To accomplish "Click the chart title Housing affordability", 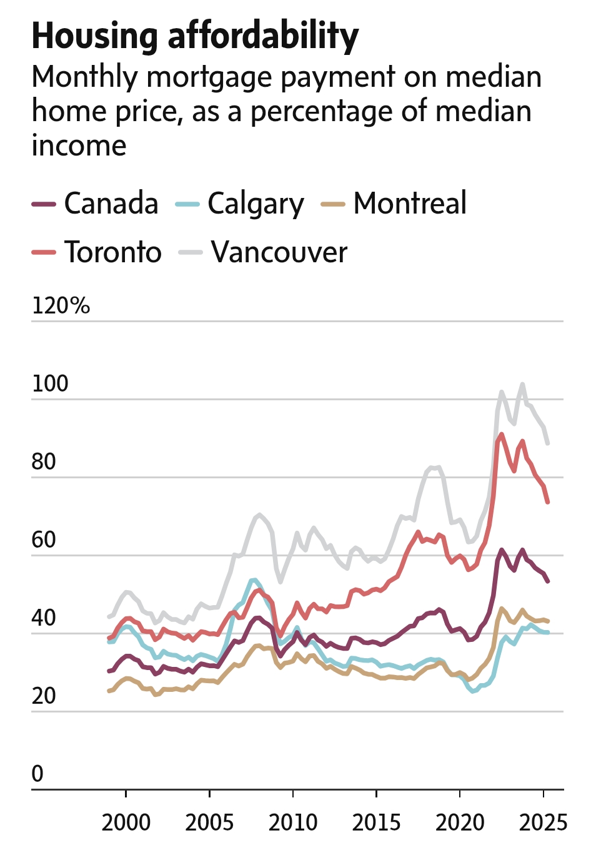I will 195,36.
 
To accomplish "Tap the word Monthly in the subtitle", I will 85,77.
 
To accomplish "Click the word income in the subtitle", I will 79,145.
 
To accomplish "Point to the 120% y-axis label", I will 61,306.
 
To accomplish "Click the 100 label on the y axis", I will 50,384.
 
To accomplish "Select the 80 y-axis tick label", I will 44,462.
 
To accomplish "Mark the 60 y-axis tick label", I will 44,540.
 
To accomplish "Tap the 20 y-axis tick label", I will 44,696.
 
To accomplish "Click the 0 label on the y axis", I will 37,774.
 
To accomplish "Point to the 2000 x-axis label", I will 126,822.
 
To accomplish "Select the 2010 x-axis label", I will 293,822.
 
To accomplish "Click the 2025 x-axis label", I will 543,822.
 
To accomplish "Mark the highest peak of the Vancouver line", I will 522,384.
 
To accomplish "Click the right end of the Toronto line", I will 548,502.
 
